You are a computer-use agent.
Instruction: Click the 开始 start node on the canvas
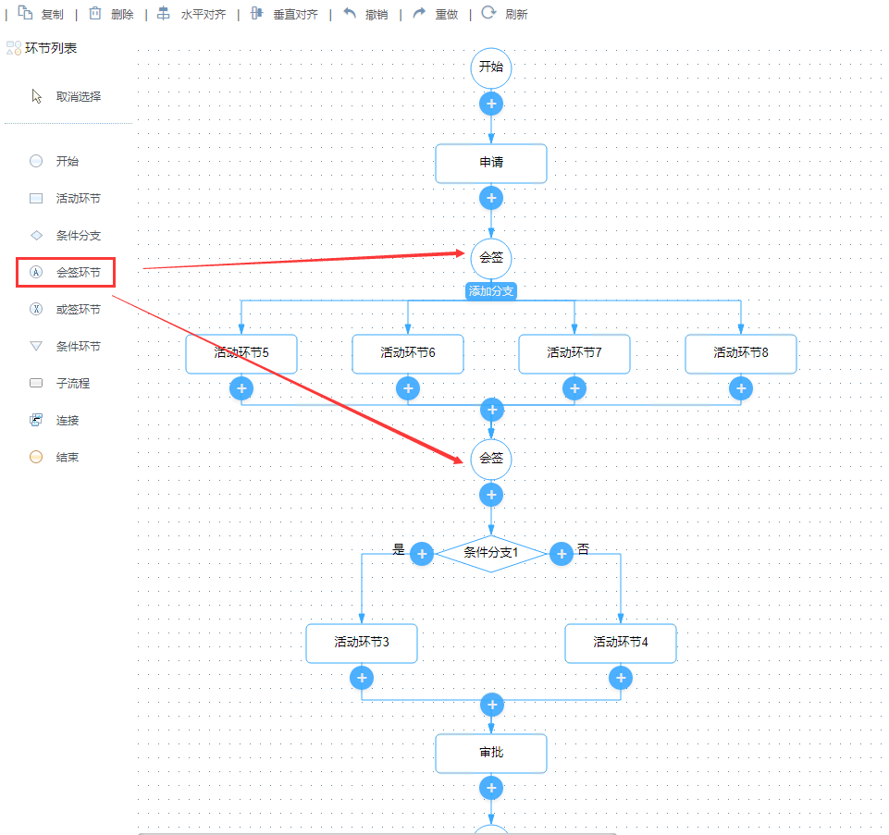tap(491, 68)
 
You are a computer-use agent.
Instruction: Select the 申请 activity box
tap(491, 163)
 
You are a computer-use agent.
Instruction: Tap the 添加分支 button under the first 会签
tap(490, 290)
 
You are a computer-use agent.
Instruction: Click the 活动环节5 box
tap(241, 353)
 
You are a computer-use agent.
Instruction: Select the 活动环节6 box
tap(408, 353)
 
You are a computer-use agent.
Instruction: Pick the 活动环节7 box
tap(574, 353)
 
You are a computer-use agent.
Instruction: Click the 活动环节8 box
tap(741, 353)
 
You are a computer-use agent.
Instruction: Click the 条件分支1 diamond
tap(491, 553)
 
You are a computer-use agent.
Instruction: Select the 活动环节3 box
tap(362, 643)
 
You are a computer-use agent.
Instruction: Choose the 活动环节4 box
tap(621, 643)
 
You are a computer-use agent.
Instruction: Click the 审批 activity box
tap(491, 753)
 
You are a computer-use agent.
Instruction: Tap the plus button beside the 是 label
tap(422, 553)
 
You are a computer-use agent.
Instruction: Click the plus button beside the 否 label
tap(562, 553)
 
